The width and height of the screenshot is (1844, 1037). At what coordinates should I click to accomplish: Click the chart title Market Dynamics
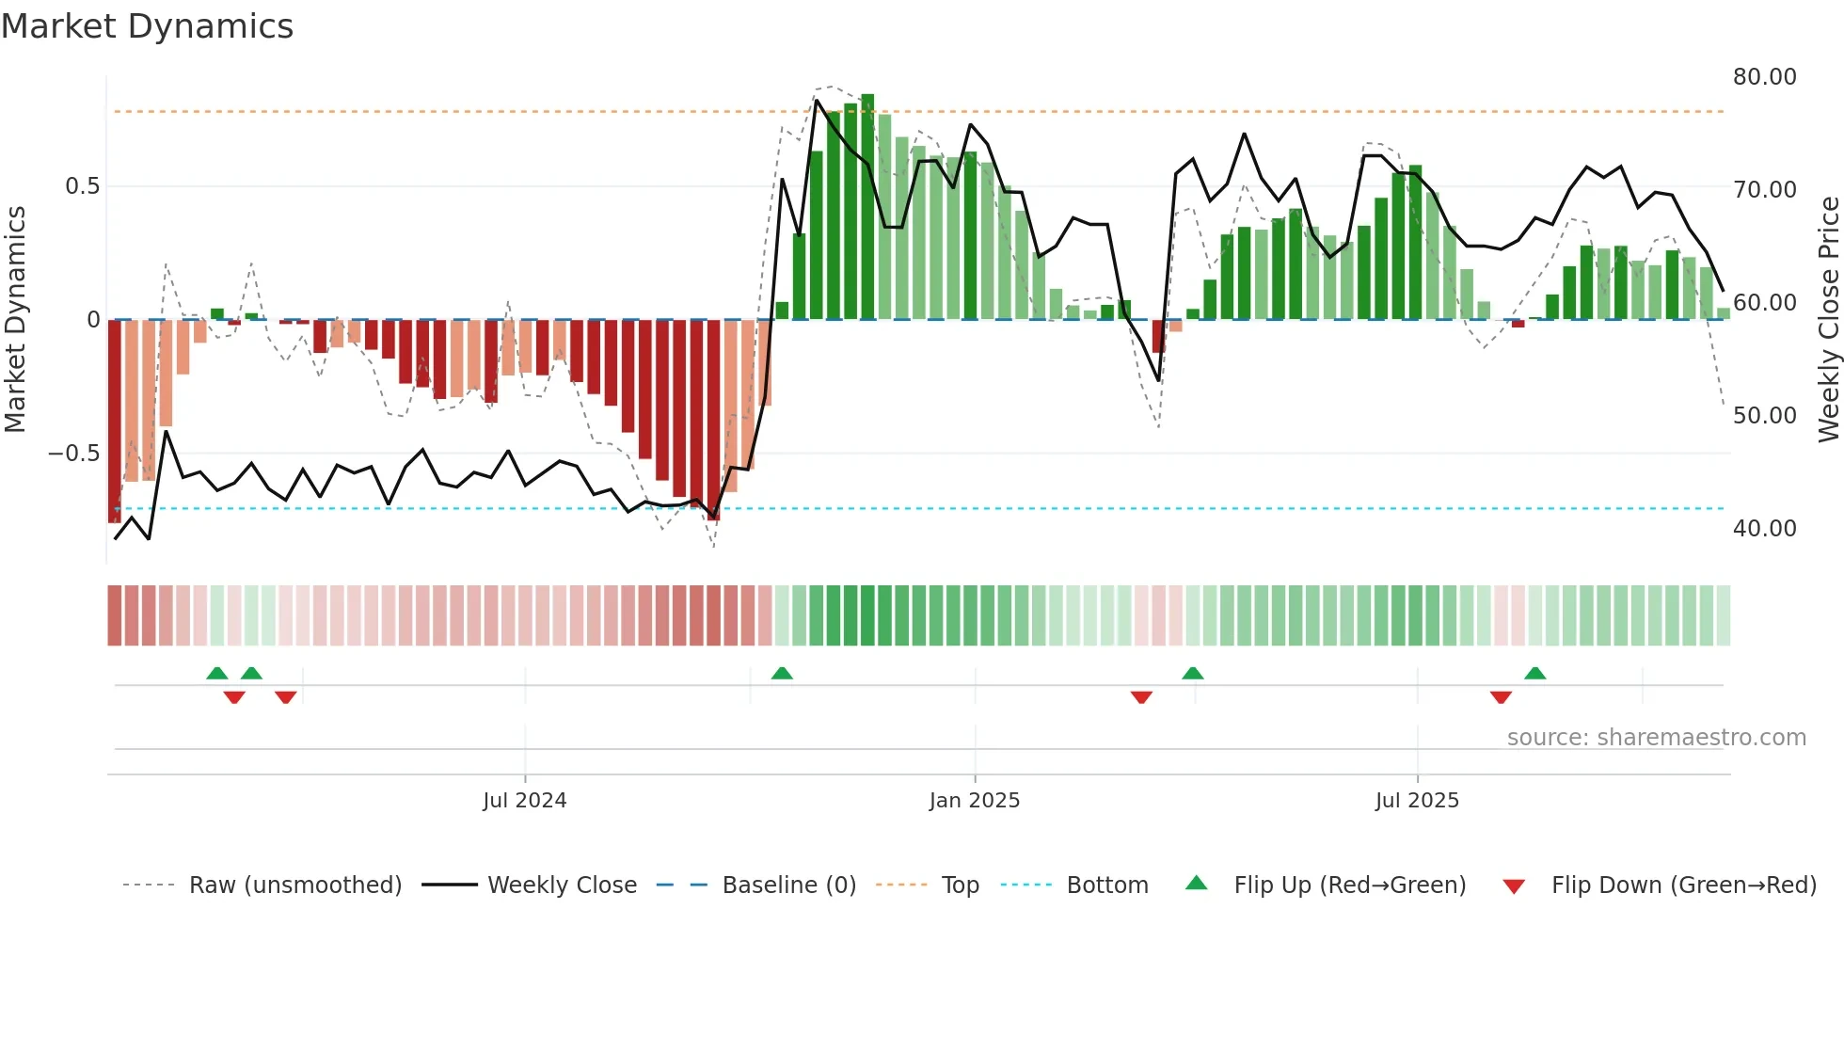coord(147,26)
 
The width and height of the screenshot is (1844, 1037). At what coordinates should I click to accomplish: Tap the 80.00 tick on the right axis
coord(1764,77)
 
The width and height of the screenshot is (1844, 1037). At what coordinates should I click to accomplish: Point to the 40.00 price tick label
coord(1764,529)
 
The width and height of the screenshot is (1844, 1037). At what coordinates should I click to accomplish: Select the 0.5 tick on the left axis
coord(82,186)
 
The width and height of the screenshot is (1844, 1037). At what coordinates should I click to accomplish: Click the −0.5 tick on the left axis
coord(73,454)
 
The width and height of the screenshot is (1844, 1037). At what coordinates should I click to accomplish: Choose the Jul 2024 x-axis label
coord(524,801)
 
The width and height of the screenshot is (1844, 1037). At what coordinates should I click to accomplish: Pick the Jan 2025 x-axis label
coord(974,801)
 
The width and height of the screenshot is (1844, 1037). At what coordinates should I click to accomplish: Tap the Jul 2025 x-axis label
coord(1417,801)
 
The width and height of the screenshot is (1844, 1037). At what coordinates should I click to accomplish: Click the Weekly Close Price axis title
coord(1828,320)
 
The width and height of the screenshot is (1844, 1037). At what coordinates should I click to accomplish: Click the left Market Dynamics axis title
coord(15,320)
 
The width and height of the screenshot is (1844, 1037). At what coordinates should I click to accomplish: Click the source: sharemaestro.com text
coord(1656,738)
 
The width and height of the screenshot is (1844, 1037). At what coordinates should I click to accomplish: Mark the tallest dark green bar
coord(867,207)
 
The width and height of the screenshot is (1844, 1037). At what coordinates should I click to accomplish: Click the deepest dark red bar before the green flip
coord(713,419)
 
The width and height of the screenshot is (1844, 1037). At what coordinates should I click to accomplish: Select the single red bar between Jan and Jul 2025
coord(1158,336)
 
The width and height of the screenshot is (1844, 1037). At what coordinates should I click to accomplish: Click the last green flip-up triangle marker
coord(1534,673)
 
